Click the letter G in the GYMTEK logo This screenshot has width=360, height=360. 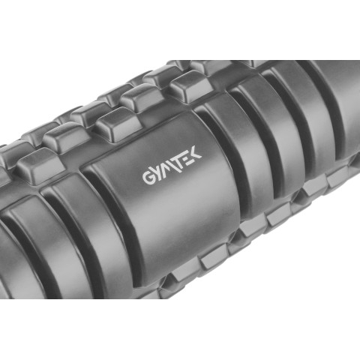click(x=148, y=177)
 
